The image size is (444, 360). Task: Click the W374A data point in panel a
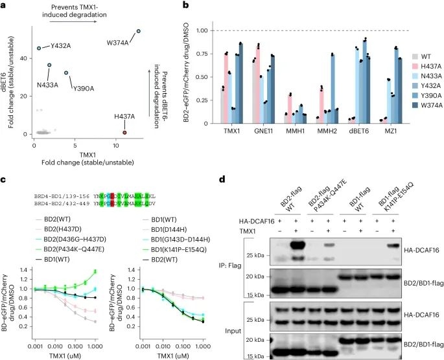(138, 31)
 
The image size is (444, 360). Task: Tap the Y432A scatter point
(39, 48)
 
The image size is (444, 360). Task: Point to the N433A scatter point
(49, 65)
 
